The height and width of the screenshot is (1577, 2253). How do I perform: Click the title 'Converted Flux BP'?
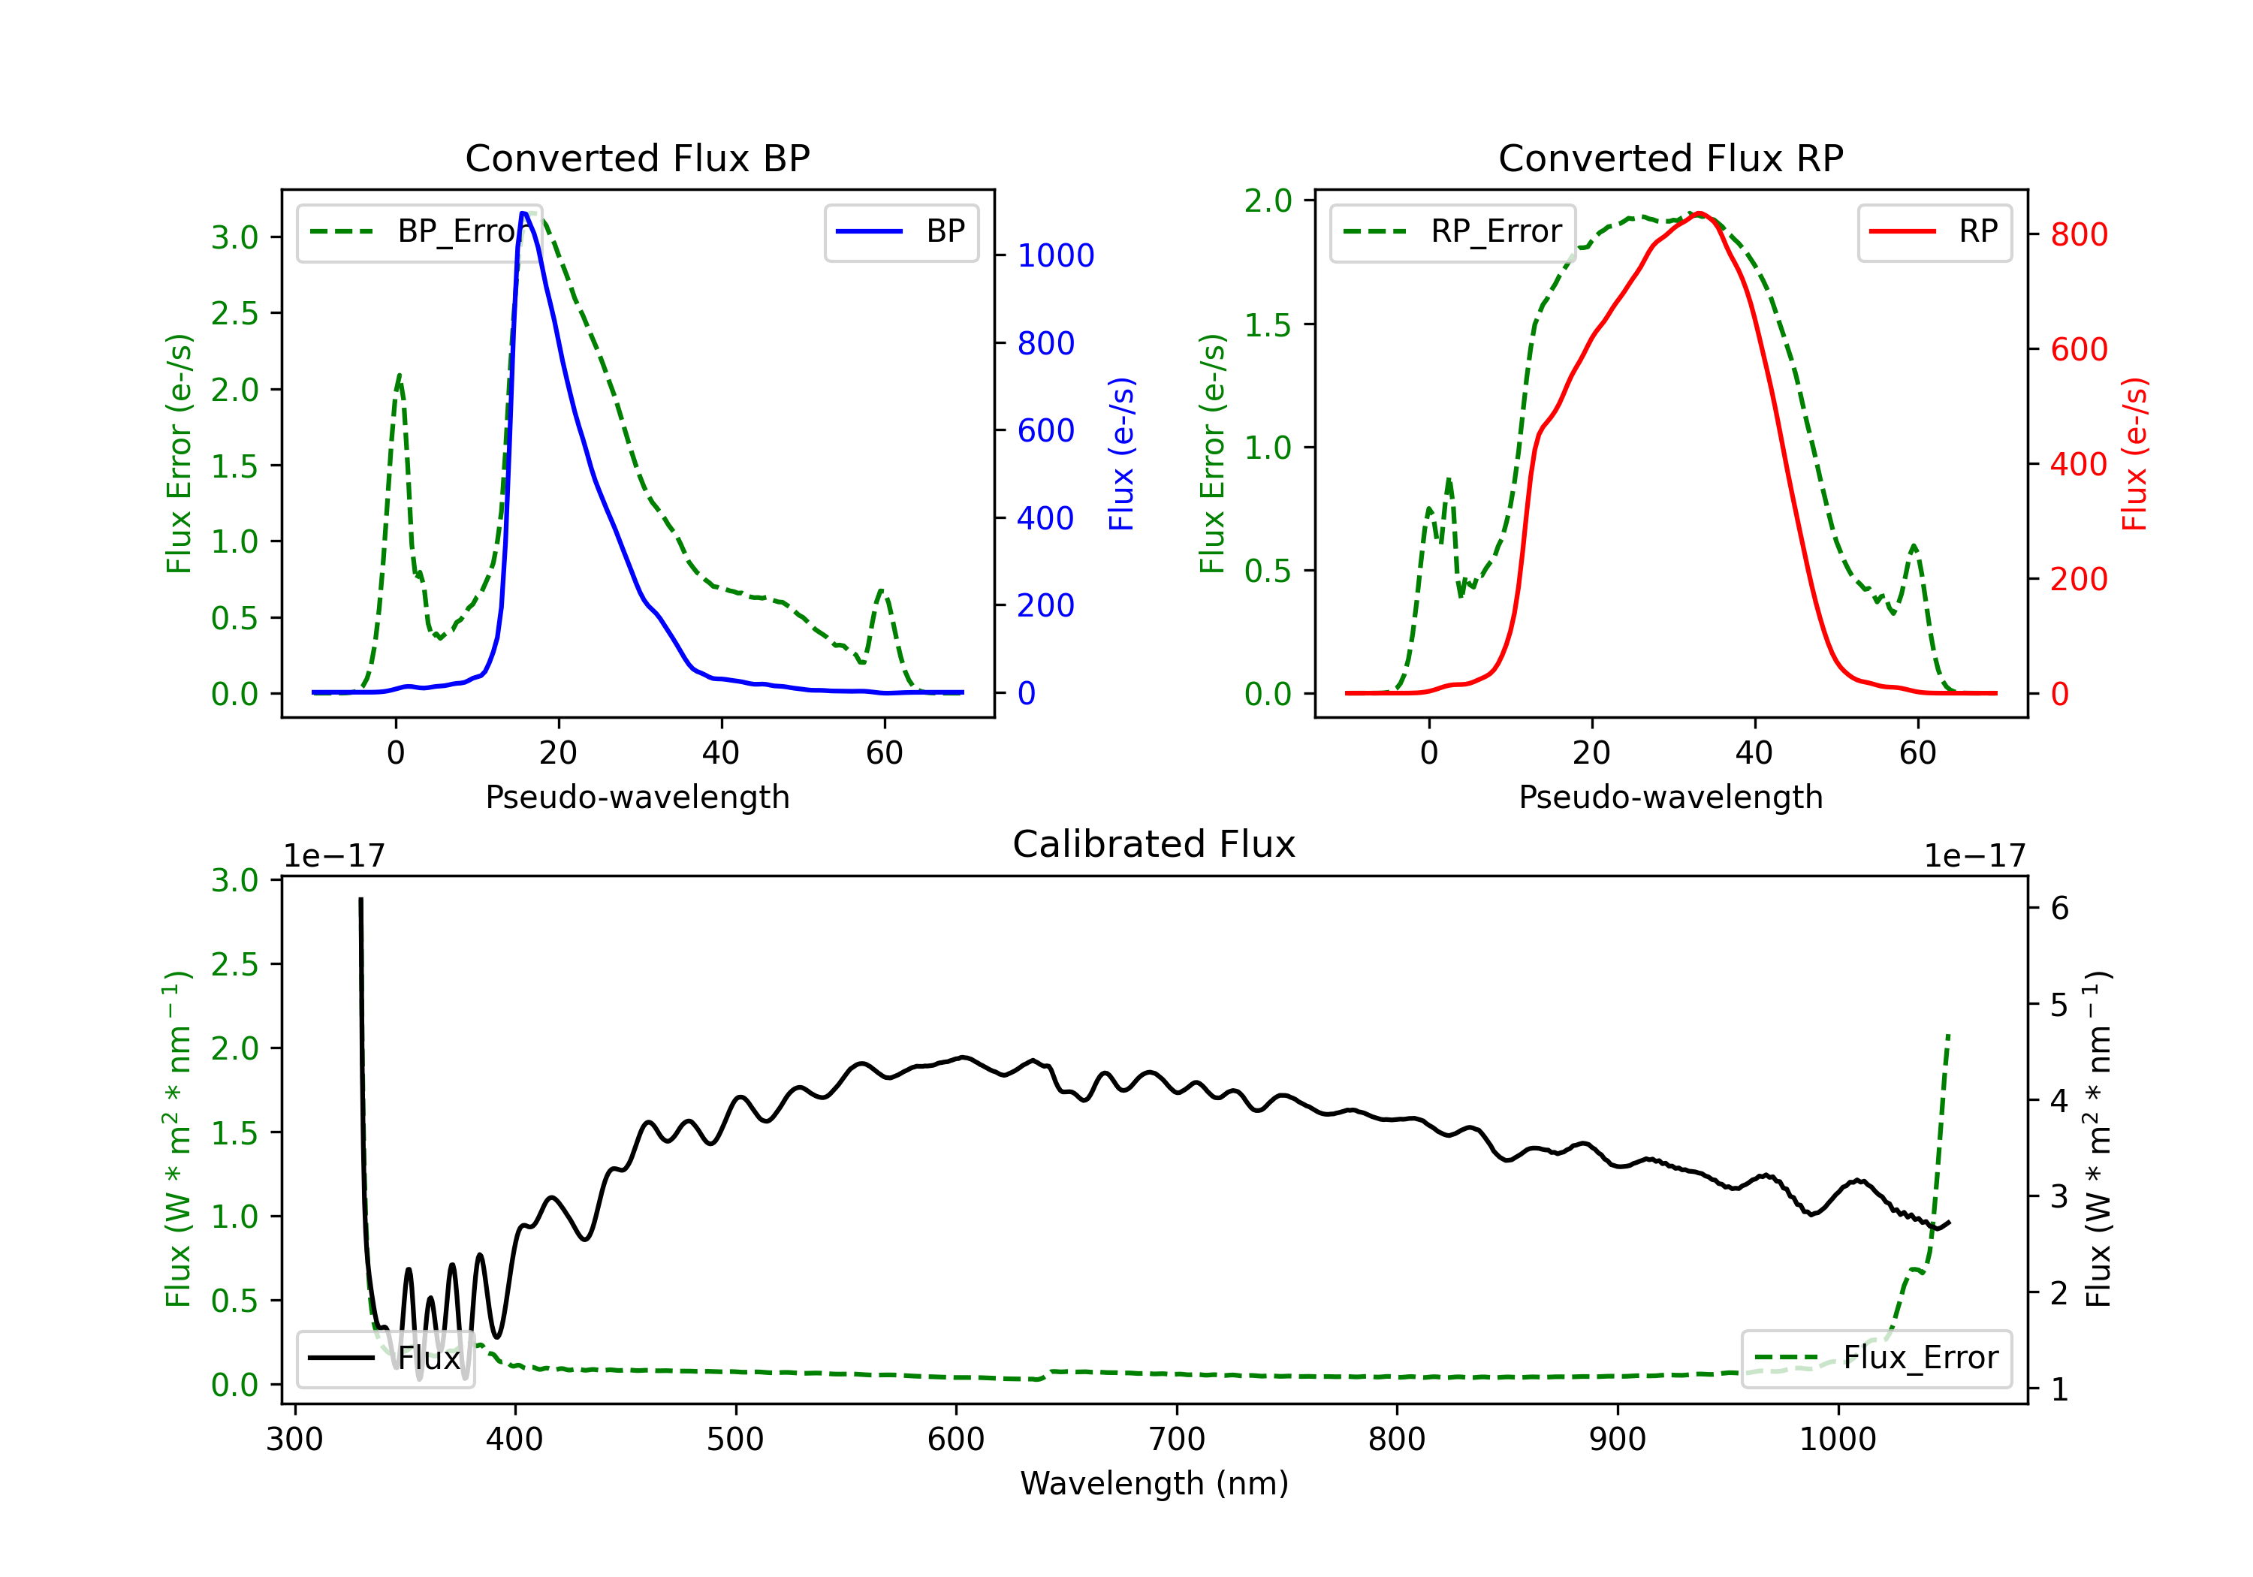pyautogui.click(x=637, y=158)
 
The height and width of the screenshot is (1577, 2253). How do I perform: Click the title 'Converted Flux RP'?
pyautogui.click(x=1670, y=158)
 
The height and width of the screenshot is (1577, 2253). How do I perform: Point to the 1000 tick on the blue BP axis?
pyautogui.click(x=1055, y=256)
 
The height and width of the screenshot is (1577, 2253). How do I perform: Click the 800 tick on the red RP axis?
pyautogui.click(x=2078, y=234)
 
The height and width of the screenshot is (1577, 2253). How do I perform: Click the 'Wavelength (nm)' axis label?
pyautogui.click(x=1154, y=1483)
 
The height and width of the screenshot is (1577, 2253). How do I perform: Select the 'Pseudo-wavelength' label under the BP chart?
pyautogui.click(x=637, y=797)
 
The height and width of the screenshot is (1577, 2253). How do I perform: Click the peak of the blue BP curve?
pyautogui.click(x=524, y=213)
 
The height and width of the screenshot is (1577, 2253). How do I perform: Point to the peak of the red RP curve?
pyautogui.click(x=1700, y=213)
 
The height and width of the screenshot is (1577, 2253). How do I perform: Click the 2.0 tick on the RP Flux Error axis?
pyautogui.click(x=1268, y=201)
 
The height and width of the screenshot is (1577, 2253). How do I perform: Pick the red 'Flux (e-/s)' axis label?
pyautogui.click(x=2135, y=454)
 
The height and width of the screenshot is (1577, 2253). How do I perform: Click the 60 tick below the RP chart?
pyautogui.click(x=1917, y=752)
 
